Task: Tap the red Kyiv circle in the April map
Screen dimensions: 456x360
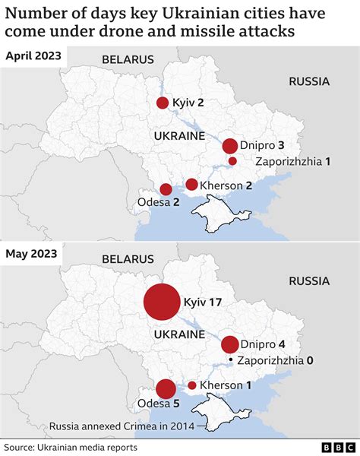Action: [162, 103]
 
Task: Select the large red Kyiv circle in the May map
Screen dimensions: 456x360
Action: [162, 302]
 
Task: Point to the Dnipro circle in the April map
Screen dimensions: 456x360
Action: [229, 146]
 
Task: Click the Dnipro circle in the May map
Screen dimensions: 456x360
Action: [229, 344]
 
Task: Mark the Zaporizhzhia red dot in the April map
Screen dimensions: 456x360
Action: [233, 161]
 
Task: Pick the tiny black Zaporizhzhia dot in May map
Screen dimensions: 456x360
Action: [230, 359]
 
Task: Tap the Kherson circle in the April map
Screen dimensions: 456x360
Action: [191, 185]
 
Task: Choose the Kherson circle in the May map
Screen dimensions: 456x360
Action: [191, 385]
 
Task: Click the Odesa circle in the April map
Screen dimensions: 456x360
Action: [166, 189]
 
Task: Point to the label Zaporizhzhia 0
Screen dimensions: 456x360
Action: [275, 360]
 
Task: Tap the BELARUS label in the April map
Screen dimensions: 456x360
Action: [128, 59]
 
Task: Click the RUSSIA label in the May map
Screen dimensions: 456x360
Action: [309, 281]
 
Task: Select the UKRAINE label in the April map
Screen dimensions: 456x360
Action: [179, 136]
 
